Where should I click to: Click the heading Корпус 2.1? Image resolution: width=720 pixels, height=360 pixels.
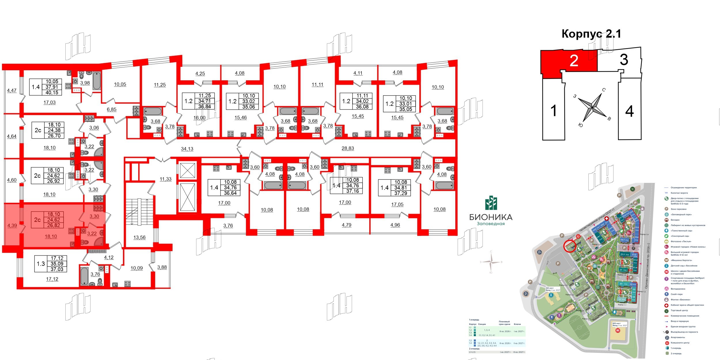pos(591,34)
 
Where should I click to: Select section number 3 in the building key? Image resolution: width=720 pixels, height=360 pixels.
pos(624,60)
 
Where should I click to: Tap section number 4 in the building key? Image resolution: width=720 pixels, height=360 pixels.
pos(629,111)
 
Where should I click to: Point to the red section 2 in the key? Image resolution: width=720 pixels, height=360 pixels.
pos(574,61)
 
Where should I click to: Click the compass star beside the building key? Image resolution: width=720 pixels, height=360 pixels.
pos(592,108)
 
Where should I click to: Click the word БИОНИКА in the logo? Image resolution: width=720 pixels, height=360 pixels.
pos(491,217)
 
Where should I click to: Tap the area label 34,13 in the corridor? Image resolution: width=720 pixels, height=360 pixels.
pos(187,149)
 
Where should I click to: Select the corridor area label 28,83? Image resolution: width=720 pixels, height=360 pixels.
pos(348,148)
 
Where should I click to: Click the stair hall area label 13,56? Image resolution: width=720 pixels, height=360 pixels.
pos(139,238)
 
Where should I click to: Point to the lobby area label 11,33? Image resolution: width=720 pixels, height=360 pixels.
pos(166,179)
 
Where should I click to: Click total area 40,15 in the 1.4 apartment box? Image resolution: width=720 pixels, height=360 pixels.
pos(52,92)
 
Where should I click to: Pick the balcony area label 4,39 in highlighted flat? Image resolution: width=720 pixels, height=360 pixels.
pos(12,226)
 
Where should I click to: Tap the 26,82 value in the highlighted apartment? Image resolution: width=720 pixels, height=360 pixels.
pos(54,226)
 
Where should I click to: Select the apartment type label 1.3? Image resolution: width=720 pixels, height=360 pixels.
pos(41,264)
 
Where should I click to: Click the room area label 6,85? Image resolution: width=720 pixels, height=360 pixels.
pos(111,109)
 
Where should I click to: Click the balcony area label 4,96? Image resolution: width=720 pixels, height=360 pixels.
pos(395,225)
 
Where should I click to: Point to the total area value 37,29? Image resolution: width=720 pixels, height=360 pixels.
pos(401,193)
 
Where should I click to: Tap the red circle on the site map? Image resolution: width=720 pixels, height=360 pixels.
pos(569,246)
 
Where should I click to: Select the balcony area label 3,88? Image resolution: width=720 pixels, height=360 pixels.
pos(162,267)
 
